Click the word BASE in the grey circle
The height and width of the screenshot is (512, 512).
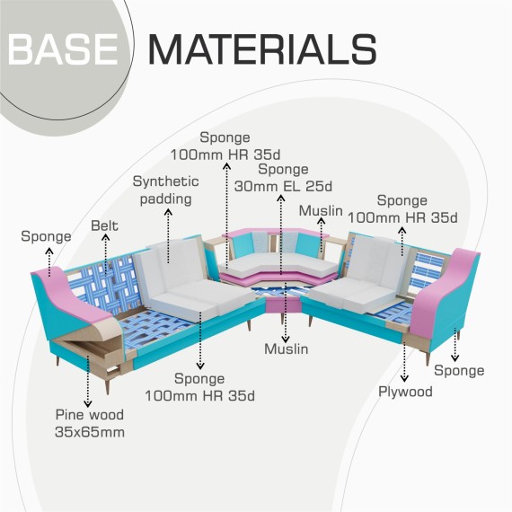point(63,49)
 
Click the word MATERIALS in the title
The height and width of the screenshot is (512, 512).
point(263,49)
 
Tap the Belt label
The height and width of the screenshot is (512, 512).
point(104,225)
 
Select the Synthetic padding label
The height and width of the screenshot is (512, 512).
point(166,190)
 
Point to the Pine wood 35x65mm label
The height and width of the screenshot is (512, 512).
point(90,423)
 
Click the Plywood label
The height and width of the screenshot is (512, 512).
point(405,392)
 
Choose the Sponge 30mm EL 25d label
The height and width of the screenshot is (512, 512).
point(283,178)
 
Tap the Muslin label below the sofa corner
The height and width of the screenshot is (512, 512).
point(287,349)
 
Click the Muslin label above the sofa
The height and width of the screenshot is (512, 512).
point(321,210)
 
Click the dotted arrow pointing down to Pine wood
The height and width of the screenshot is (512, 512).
point(87,381)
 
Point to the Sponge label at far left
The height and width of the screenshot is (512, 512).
point(46,236)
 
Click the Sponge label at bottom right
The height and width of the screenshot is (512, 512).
point(459,370)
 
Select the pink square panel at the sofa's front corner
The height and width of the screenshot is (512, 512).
point(284,305)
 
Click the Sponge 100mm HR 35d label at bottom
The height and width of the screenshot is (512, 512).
point(199,387)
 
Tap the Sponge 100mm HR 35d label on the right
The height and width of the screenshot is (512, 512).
point(402,209)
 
